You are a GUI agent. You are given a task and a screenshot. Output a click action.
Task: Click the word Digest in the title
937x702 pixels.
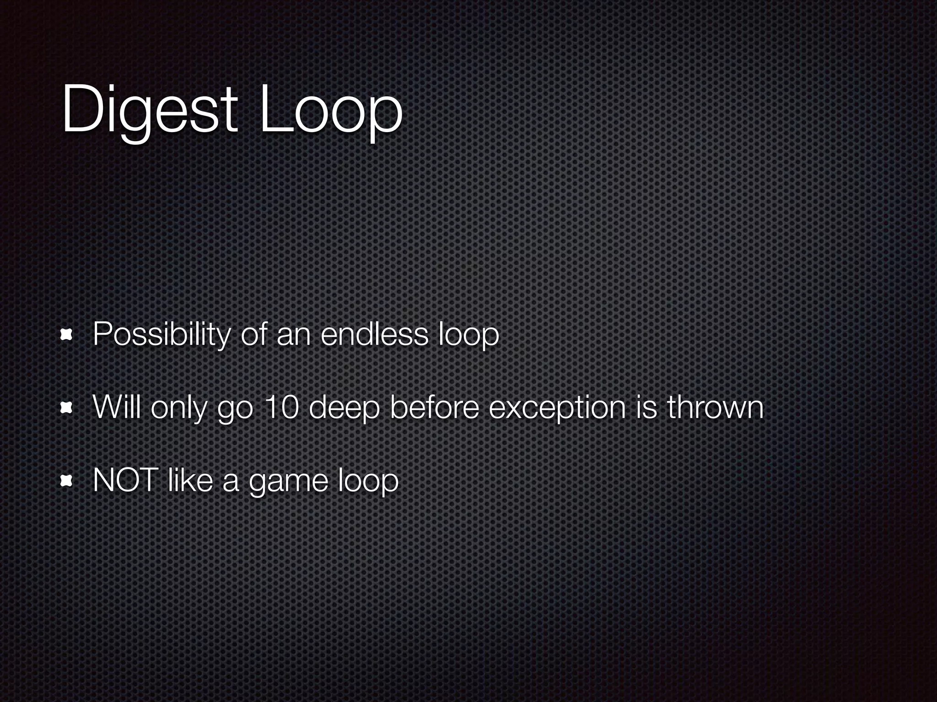pyautogui.click(x=149, y=110)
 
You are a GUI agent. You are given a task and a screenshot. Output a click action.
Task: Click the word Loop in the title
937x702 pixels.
pyautogui.click(x=330, y=110)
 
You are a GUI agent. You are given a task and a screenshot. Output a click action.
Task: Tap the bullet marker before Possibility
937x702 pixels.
pyautogui.click(x=67, y=336)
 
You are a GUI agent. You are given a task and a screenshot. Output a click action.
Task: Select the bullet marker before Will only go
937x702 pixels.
pyautogui.click(x=67, y=408)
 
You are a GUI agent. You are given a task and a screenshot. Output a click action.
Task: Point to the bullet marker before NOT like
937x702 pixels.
pyautogui.click(x=67, y=481)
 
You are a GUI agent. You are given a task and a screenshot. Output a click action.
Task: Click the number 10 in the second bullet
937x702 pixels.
pyautogui.click(x=281, y=407)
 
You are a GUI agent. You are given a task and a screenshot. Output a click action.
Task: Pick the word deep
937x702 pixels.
pyautogui.click(x=345, y=408)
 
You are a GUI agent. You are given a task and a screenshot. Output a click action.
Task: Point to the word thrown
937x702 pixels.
pyautogui.click(x=715, y=407)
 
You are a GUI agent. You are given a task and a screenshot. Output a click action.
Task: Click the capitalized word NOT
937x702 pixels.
pyautogui.click(x=125, y=480)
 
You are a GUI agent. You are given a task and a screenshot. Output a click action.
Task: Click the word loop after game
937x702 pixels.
pyautogui.click(x=368, y=481)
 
